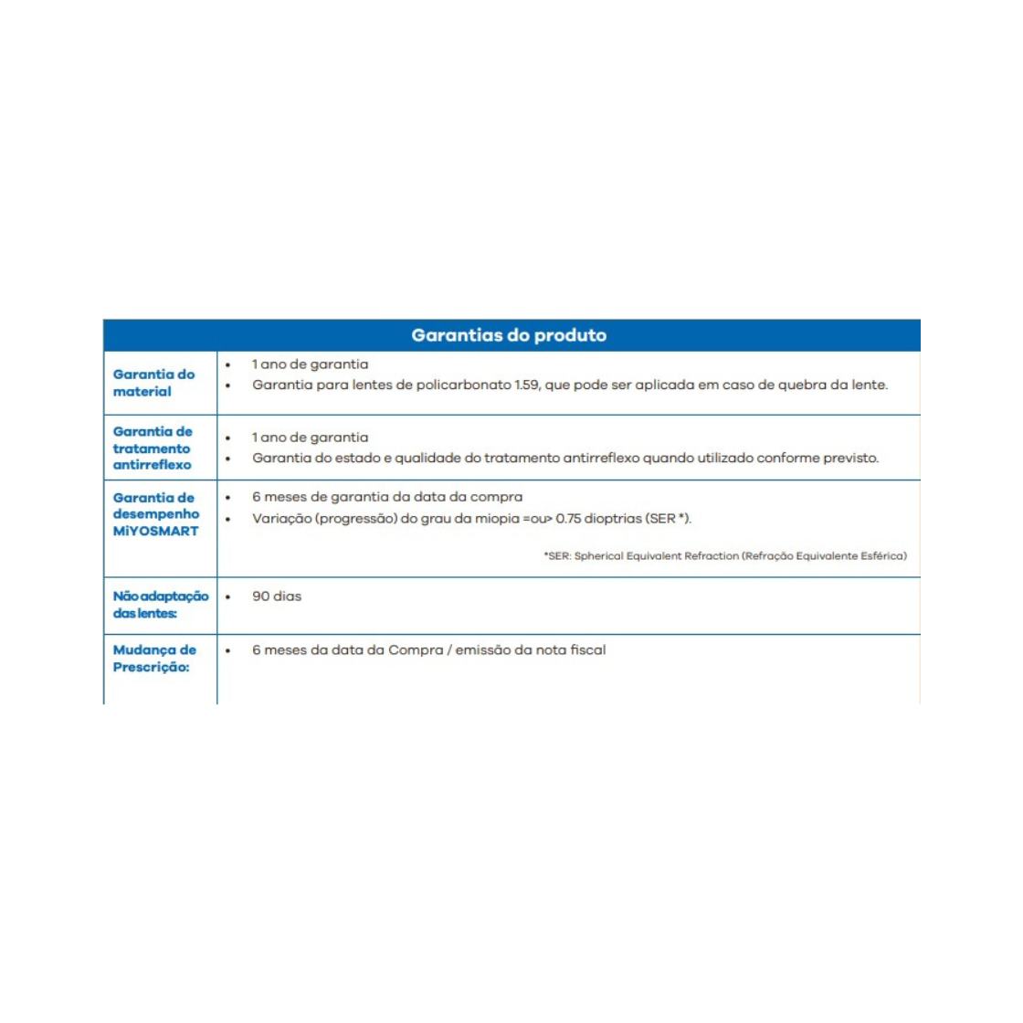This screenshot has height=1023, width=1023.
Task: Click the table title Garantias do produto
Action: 509,335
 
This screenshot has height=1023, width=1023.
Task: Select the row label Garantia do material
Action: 153,383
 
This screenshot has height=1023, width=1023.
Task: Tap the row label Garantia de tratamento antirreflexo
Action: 153,448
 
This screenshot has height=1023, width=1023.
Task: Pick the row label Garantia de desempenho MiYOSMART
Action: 155,514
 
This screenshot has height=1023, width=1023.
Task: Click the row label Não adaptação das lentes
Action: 160,605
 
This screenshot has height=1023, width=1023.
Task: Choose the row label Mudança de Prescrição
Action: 154,659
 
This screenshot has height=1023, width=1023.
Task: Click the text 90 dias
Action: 277,596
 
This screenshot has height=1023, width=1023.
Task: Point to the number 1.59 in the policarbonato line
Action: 527,385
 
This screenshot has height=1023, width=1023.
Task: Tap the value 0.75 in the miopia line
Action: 568,519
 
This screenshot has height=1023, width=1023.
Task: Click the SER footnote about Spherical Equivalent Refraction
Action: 725,555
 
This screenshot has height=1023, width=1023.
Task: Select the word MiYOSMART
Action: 155,531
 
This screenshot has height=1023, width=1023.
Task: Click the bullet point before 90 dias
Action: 228,597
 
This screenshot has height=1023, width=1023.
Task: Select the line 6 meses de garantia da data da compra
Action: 387,497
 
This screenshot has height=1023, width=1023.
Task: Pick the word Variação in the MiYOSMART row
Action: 281,519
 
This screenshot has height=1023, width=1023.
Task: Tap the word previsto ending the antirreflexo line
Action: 850,459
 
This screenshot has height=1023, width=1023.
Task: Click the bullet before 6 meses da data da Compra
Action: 228,651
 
